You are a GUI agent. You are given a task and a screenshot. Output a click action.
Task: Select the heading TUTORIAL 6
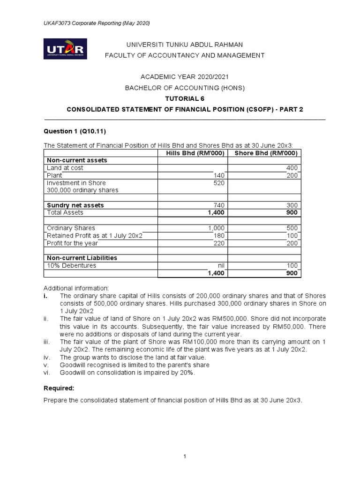coord(184,98)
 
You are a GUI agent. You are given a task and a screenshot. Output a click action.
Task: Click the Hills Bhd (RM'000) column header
coord(192,153)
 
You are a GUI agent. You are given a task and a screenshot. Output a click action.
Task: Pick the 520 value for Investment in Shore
coord(219,183)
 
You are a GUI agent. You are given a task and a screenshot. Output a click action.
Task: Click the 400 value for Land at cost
coord(292,168)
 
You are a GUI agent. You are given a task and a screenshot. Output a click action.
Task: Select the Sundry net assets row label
coord(75,205)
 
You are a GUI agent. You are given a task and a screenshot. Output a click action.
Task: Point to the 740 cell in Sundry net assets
coord(219,205)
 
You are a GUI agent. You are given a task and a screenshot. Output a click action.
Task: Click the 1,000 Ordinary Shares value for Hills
coord(216,228)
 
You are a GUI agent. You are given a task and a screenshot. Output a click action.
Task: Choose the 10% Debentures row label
coord(71,265)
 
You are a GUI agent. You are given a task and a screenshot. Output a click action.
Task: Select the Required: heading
coord(59,389)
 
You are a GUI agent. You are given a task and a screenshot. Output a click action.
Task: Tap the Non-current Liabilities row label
coord(82,258)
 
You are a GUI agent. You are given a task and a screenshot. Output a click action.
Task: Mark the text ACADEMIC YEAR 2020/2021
coord(184,77)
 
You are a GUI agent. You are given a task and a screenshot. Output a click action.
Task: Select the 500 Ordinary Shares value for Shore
coord(292,228)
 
